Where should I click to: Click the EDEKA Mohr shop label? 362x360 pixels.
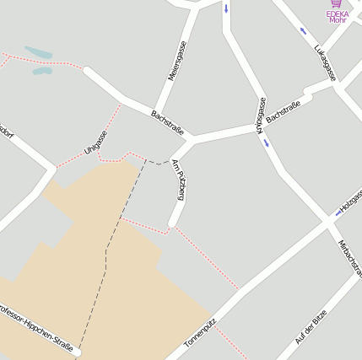click(x=338, y=17)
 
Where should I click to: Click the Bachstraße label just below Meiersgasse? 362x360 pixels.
click(x=167, y=121)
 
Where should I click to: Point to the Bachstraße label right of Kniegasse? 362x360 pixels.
click(x=284, y=112)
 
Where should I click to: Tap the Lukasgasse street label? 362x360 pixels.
click(x=325, y=62)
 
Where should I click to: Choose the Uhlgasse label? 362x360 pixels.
click(x=95, y=142)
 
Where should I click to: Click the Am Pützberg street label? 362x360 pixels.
click(x=177, y=180)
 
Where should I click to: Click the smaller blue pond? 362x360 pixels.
click(x=42, y=71)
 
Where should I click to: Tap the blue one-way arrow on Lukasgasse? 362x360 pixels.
click(x=304, y=31)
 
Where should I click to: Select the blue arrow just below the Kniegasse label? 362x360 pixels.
click(x=267, y=142)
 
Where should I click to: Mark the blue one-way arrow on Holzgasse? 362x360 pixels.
click(x=339, y=212)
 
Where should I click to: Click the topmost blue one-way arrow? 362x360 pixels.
click(x=226, y=9)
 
